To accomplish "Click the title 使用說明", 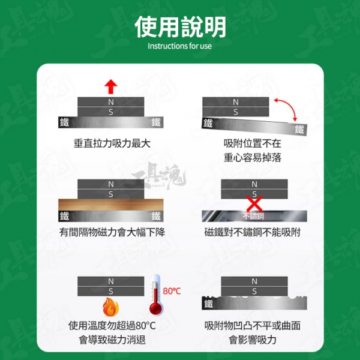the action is (180, 27).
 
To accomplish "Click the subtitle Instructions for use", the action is (179, 46).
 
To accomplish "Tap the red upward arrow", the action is (111, 86).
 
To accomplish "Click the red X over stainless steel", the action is (254, 203).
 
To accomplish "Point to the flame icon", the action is (110, 307).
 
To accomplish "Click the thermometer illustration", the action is (156, 295).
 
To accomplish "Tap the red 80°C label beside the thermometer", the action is (172, 291).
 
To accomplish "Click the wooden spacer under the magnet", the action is (111, 205).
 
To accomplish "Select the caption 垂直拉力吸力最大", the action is (112, 143).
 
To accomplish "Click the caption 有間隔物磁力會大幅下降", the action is (112, 232).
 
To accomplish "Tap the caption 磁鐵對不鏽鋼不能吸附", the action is (253, 232).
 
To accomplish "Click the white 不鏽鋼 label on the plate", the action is (253, 216).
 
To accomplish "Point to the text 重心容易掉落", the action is (253, 158).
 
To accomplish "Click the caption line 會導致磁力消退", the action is (112, 340).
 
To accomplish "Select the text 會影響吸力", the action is (253, 340).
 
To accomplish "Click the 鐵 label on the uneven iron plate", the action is (208, 304).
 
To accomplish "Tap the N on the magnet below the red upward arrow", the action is (111, 102).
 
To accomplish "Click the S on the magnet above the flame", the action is (111, 292).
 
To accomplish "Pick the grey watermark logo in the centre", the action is (159, 176).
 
